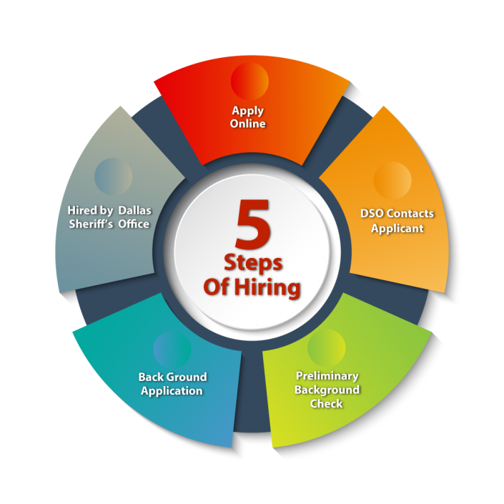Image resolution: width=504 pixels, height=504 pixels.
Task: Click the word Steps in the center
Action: pyautogui.click(x=253, y=262)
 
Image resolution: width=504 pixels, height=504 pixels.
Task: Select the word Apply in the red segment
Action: pyautogui.click(x=247, y=111)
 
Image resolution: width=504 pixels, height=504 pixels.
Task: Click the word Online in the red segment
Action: pyautogui.click(x=247, y=124)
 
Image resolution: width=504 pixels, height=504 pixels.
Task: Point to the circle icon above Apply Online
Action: pyautogui.click(x=249, y=80)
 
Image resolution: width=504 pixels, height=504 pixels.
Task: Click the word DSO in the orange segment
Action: pyautogui.click(x=372, y=214)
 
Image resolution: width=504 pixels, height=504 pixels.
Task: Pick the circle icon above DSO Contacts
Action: pyautogui.click(x=392, y=180)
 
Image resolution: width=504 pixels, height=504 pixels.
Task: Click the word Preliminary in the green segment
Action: pyautogui.click(x=327, y=376)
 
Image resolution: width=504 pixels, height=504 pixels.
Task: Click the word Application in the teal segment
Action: pyautogui.click(x=172, y=391)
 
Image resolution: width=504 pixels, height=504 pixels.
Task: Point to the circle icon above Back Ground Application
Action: pyautogui.click(x=172, y=348)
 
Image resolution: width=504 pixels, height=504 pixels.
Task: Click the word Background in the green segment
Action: pyautogui.click(x=327, y=390)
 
